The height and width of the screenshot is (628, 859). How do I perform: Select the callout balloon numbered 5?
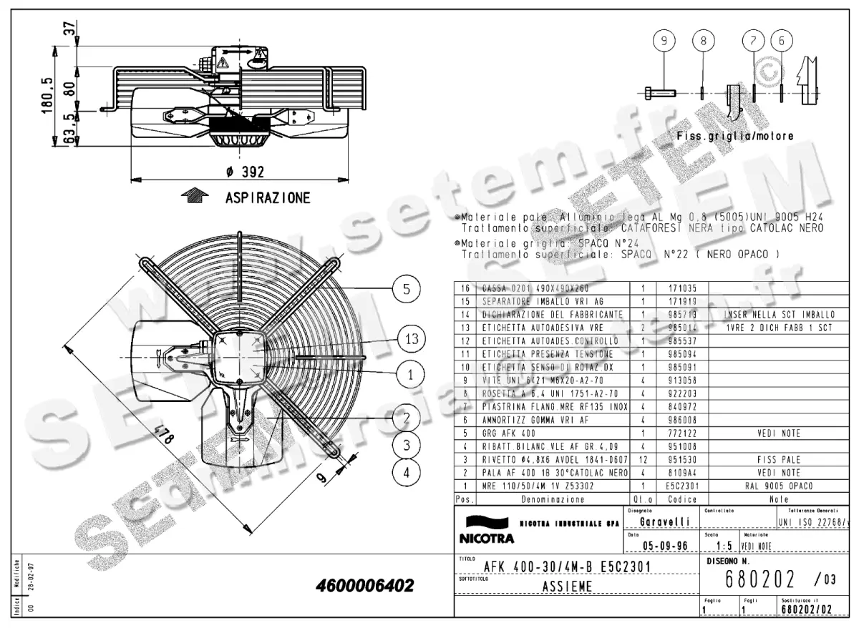(406, 289)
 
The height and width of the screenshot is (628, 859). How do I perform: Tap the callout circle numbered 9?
(664, 41)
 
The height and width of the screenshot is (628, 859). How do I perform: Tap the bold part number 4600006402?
(364, 586)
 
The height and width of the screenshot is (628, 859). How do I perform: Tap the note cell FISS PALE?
(780, 460)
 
